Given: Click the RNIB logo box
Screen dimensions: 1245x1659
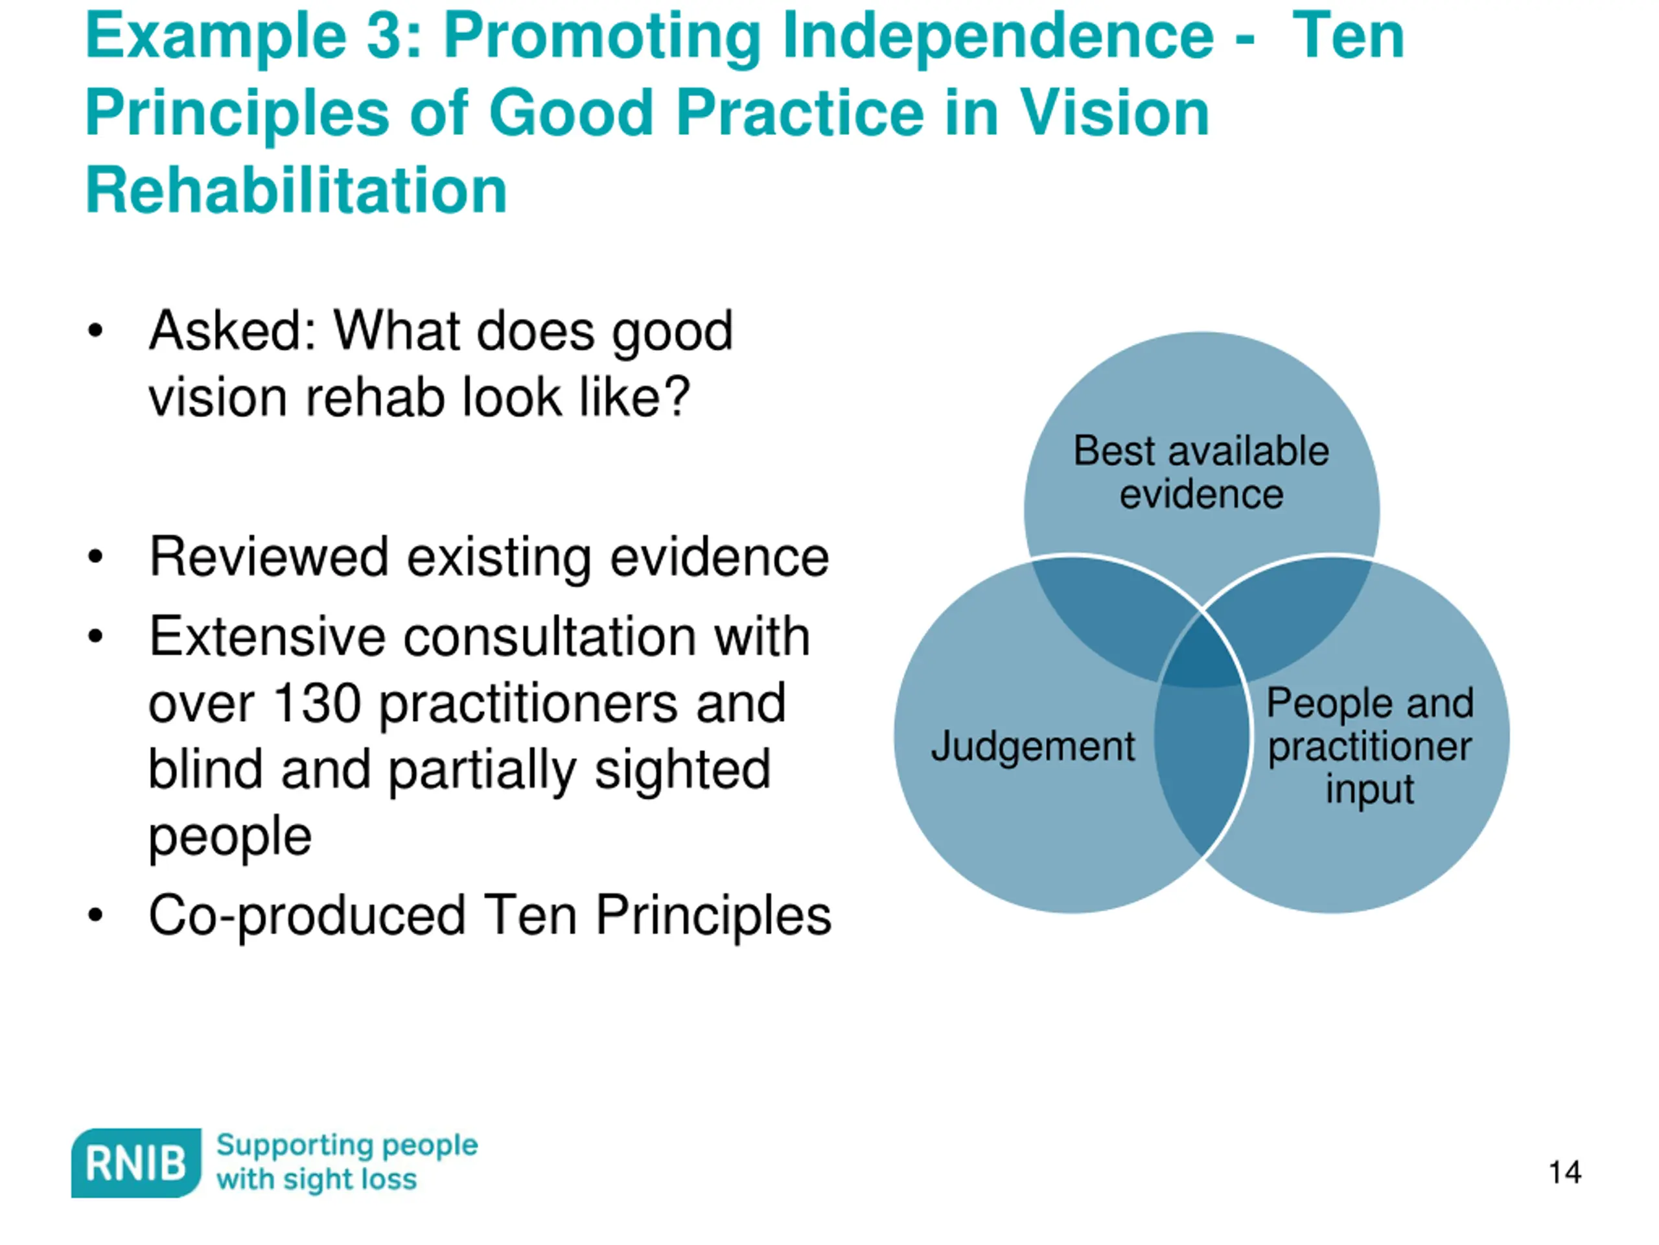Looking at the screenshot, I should click(135, 1163).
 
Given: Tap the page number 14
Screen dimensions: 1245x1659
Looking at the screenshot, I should click(1564, 1172).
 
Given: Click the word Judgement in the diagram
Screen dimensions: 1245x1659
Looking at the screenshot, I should click(1033, 747).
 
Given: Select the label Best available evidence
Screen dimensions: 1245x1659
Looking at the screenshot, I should click(1201, 472).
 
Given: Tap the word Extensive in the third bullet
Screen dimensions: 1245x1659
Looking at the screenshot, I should click(266, 636).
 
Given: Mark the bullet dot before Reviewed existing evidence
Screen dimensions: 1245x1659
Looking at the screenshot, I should click(95, 557).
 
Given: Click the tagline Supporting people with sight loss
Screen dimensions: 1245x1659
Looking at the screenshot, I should click(347, 1162).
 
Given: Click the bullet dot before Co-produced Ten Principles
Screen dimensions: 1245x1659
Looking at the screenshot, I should click(95, 916).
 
